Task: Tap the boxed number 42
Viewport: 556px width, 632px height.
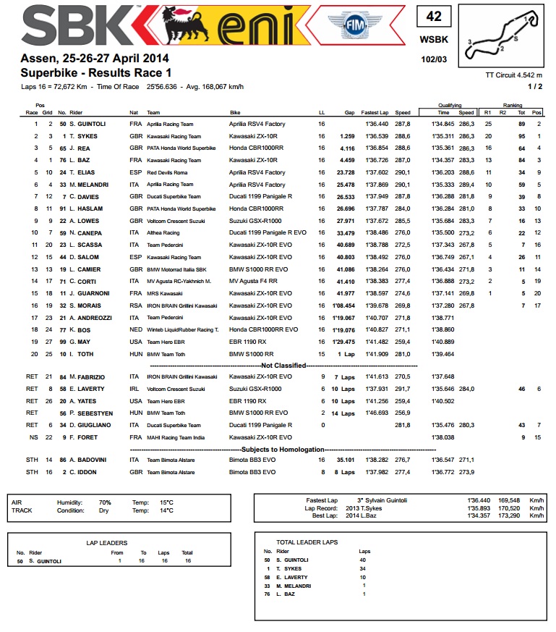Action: [x=433, y=17]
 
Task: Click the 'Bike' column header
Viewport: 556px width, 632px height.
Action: [x=235, y=112]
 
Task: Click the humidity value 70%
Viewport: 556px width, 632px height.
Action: [x=105, y=502]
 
